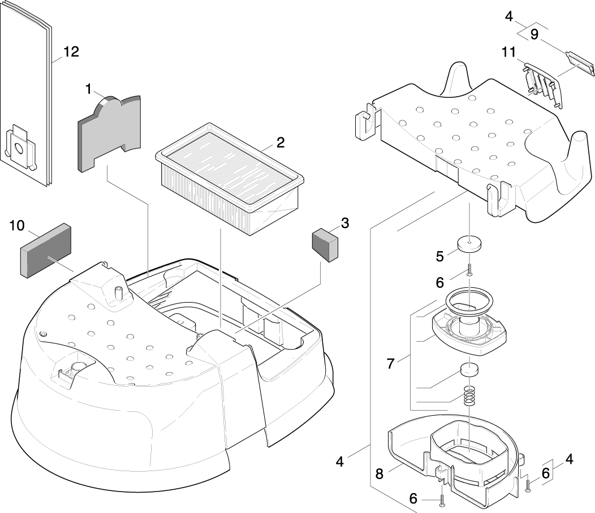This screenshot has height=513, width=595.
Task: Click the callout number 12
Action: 71,52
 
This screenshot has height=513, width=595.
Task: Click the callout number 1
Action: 88,89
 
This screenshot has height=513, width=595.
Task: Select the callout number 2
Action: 281,143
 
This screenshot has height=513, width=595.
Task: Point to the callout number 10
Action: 17,226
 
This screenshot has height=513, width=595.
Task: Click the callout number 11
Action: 508,52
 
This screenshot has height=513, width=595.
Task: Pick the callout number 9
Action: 534,35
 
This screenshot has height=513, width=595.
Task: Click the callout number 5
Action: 439,255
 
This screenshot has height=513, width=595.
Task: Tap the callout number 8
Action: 380,474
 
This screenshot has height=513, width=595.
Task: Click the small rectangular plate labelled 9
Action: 580,63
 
